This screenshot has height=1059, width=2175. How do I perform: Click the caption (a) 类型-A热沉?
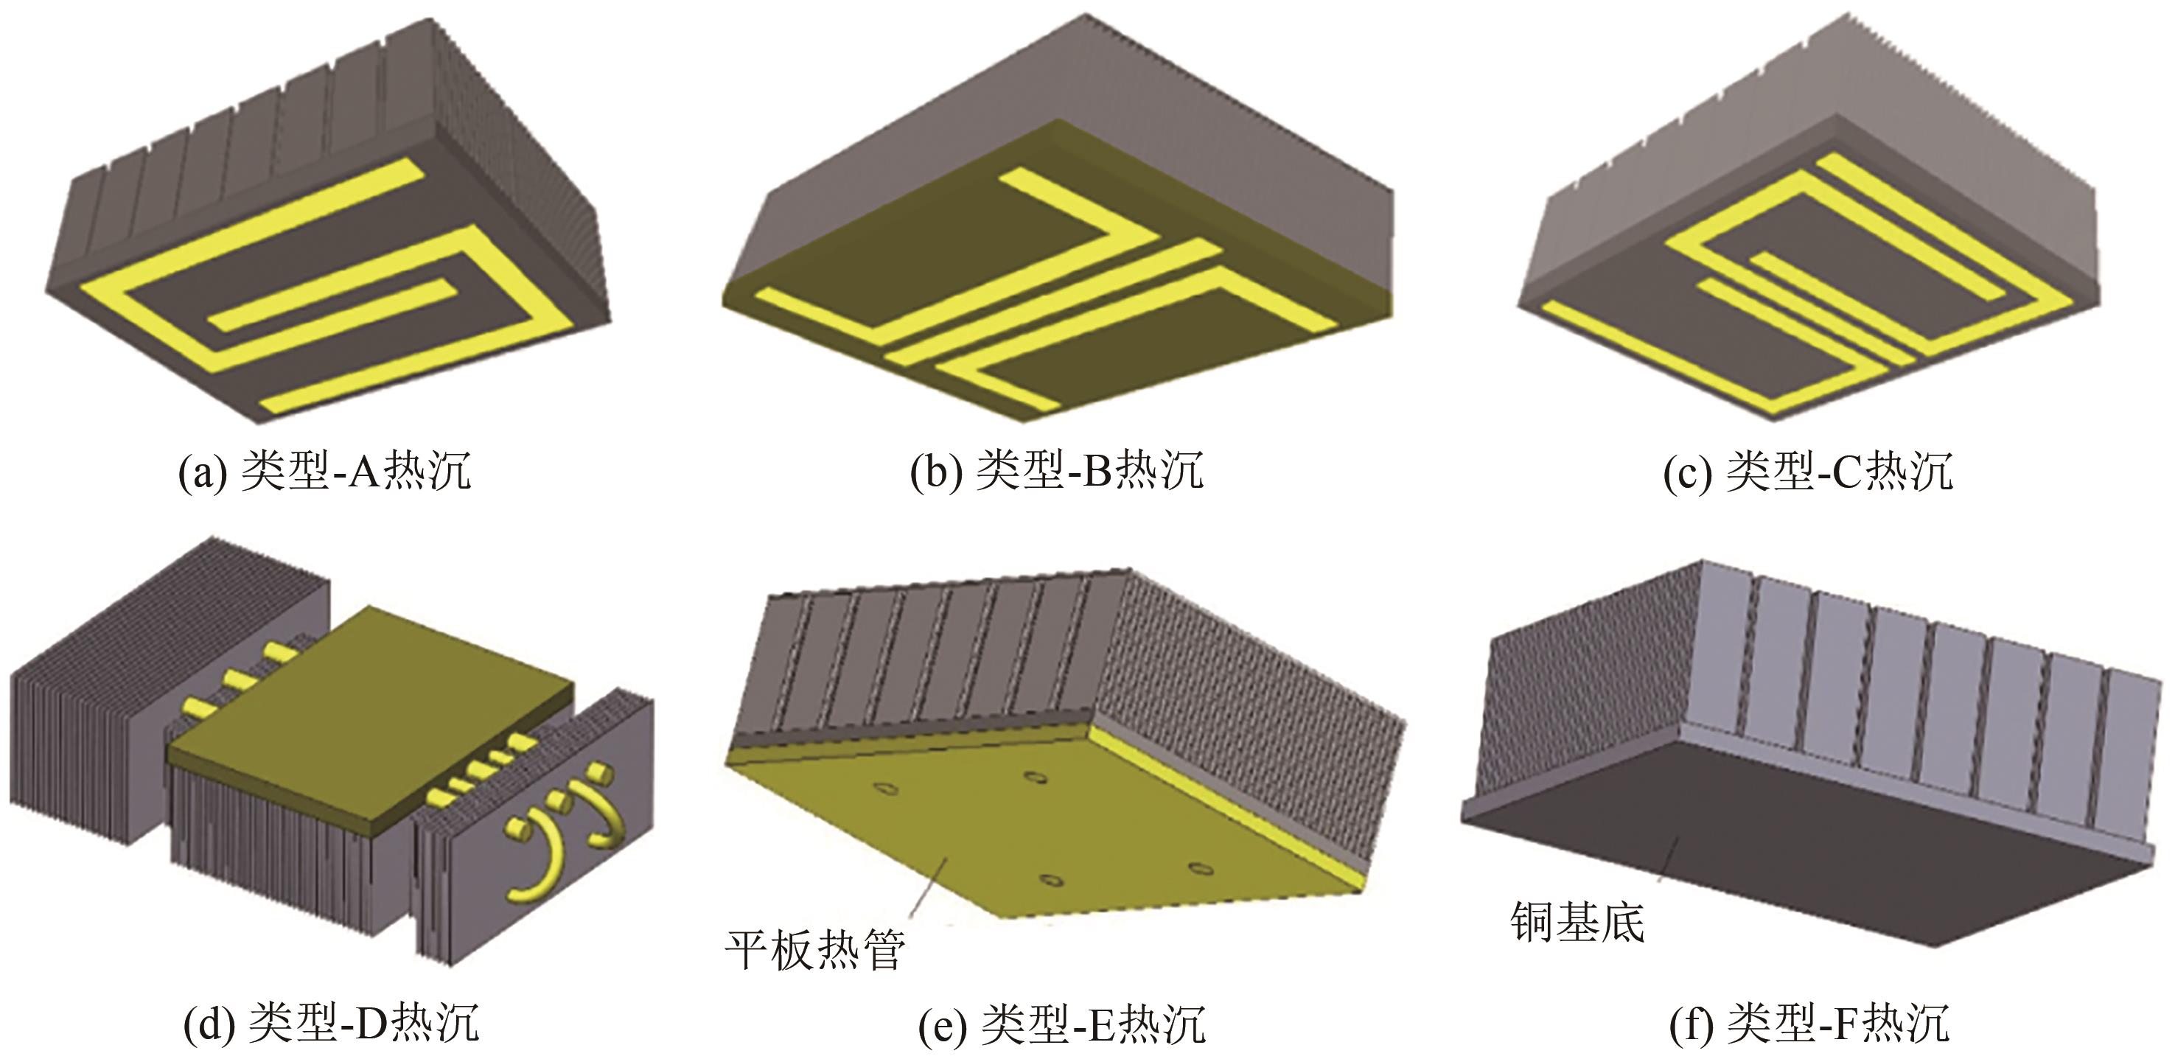[324, 471]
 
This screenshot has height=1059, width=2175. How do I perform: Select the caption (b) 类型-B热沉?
[1056, 471]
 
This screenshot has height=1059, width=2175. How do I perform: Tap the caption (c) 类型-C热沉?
[1808, 471]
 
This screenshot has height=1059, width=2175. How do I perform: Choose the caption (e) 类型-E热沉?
[1061, 1024]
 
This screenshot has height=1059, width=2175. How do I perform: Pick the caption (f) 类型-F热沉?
[1809, 1024]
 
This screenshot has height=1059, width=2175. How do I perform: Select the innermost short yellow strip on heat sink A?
[329, 307]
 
